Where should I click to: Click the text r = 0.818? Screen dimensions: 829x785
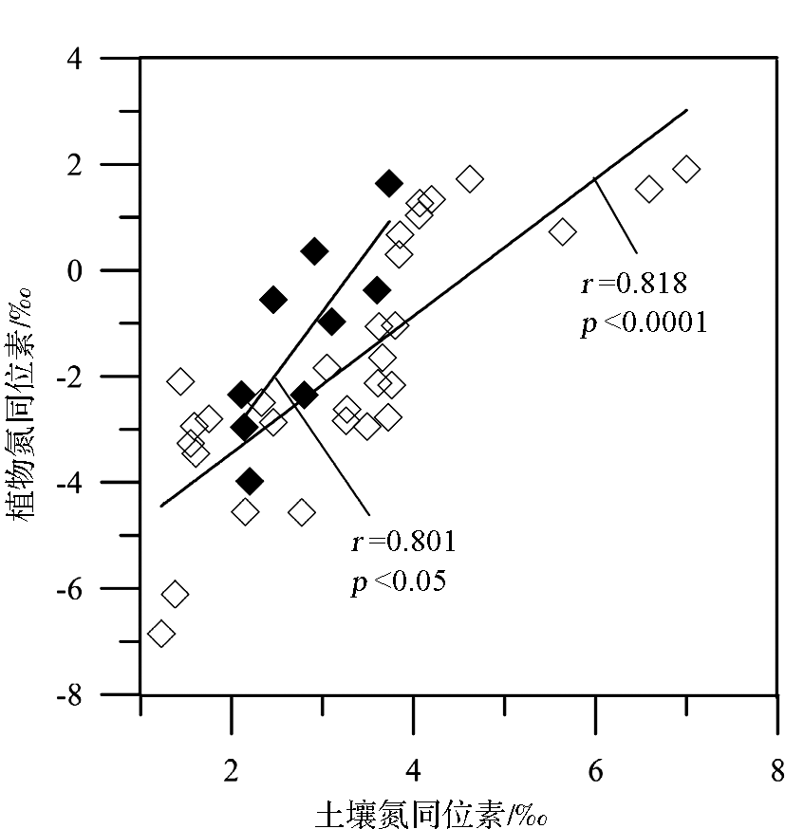point(632,284)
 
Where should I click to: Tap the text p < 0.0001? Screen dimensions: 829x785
point(644,322)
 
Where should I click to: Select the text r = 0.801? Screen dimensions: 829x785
point(403,542)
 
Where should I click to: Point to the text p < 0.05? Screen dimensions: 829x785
point(398,580)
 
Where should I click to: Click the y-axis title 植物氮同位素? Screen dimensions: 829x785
point(25,403)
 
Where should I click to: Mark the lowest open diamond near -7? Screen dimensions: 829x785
point(161,633)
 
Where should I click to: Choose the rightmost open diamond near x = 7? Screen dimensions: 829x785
point(686,169)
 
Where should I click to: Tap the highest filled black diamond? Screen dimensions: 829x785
point(389,183)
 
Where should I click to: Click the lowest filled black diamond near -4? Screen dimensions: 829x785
point(250,481)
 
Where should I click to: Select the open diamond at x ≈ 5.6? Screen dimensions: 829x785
point(562,231)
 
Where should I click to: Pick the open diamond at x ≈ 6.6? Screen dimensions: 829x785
point(649,189)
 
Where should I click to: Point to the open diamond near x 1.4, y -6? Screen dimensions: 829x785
point(175,595)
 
